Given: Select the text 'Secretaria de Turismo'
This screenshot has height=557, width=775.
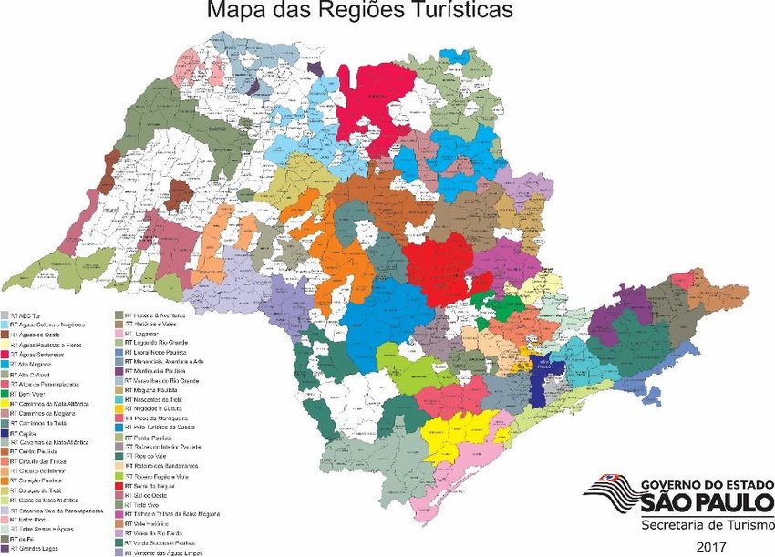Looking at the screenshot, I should coord(702,525).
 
